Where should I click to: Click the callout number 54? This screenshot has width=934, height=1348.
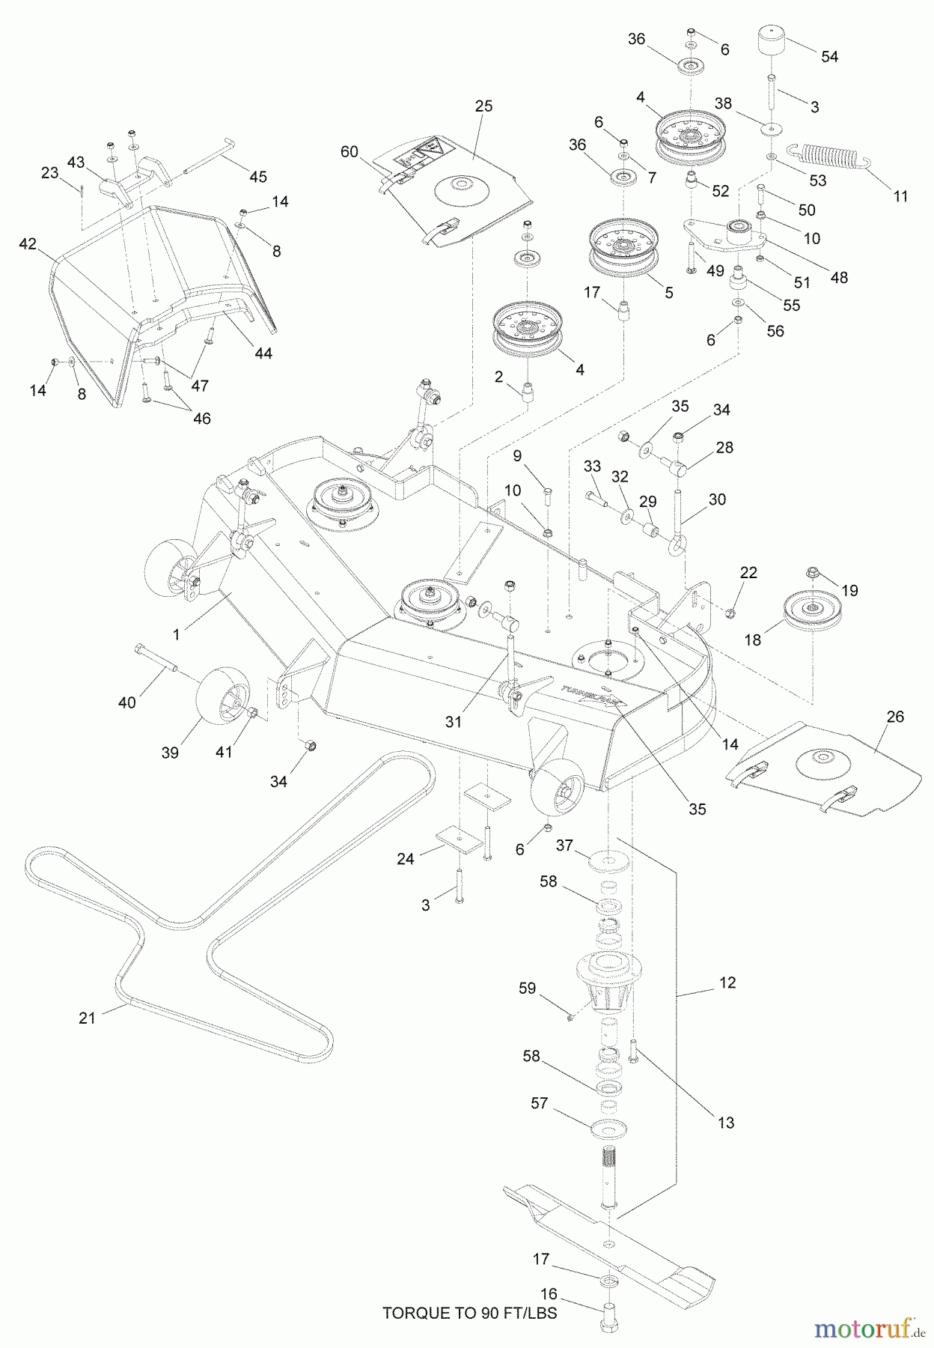829,57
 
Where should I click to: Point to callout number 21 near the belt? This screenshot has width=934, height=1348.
88,1018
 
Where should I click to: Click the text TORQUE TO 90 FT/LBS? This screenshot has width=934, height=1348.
469,1313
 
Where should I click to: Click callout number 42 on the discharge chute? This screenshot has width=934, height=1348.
28,244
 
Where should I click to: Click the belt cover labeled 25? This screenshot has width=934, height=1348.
457,187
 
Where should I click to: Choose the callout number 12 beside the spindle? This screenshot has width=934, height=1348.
727,983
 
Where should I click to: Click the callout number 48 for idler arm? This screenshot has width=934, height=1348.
839,278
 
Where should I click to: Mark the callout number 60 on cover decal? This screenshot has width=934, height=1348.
350,152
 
